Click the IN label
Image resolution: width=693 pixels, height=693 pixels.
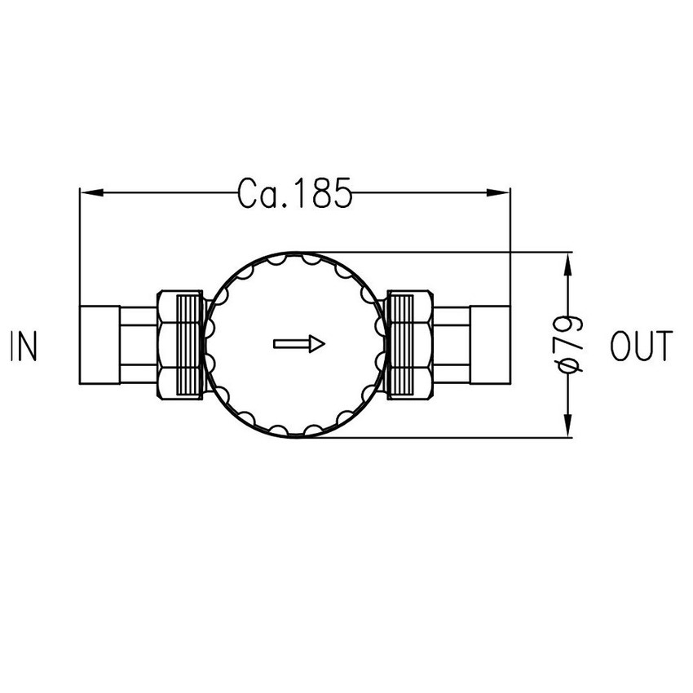click(24, 346)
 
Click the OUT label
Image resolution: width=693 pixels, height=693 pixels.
click(642, 346)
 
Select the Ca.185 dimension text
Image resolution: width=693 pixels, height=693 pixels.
click(294, 193)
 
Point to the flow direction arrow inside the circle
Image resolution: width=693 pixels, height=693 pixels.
click(298, 344)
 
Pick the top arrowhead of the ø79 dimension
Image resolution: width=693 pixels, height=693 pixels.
click(568, 264)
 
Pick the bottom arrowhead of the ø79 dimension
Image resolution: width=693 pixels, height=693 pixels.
click(568, 426)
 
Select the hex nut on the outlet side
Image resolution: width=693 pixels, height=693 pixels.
click(410, 344)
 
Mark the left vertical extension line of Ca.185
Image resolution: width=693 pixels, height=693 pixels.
click(79, 245)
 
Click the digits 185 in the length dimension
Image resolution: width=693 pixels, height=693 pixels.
click(321, 193)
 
